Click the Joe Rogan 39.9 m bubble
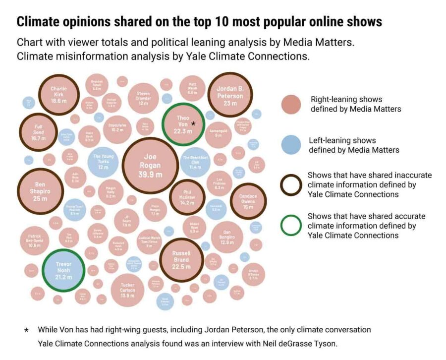point(150,165)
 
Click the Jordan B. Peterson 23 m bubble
point(230,94)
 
